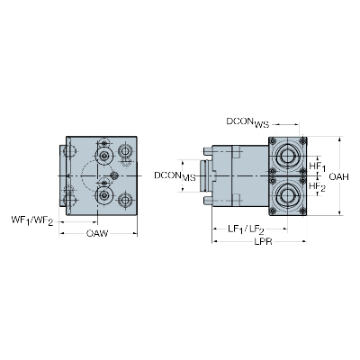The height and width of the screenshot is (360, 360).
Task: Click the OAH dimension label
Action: [338, 176]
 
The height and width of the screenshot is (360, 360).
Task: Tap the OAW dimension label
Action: [97, 233]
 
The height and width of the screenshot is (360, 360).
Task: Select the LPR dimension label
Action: [264, 241]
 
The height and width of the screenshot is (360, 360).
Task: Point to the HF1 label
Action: [318, 166]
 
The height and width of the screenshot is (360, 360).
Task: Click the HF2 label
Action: [318, 187]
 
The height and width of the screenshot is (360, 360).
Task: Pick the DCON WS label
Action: [247, 123]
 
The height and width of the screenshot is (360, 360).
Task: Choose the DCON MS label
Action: [175, 176]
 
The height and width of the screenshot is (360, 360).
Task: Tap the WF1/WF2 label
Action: [32, 220]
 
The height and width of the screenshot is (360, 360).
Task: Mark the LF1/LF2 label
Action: [246, 230]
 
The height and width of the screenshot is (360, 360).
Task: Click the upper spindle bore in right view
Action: [287, 156]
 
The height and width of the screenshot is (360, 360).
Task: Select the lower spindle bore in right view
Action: [287, 194]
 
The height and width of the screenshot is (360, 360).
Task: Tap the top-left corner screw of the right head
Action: [273, 141]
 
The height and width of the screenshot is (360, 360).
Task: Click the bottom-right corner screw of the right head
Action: [302, 211]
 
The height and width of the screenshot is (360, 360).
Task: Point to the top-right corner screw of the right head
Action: [302, 141]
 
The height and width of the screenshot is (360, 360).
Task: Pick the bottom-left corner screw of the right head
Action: [273, 211]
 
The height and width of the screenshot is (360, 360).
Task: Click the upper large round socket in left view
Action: [104, 156]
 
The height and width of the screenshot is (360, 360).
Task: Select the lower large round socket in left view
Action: [104, 195]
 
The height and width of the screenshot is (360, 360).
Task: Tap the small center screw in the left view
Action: [113, 175]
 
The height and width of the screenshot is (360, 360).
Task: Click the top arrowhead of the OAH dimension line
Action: [339, 139]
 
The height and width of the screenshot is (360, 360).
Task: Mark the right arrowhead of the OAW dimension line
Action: [135, 233]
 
